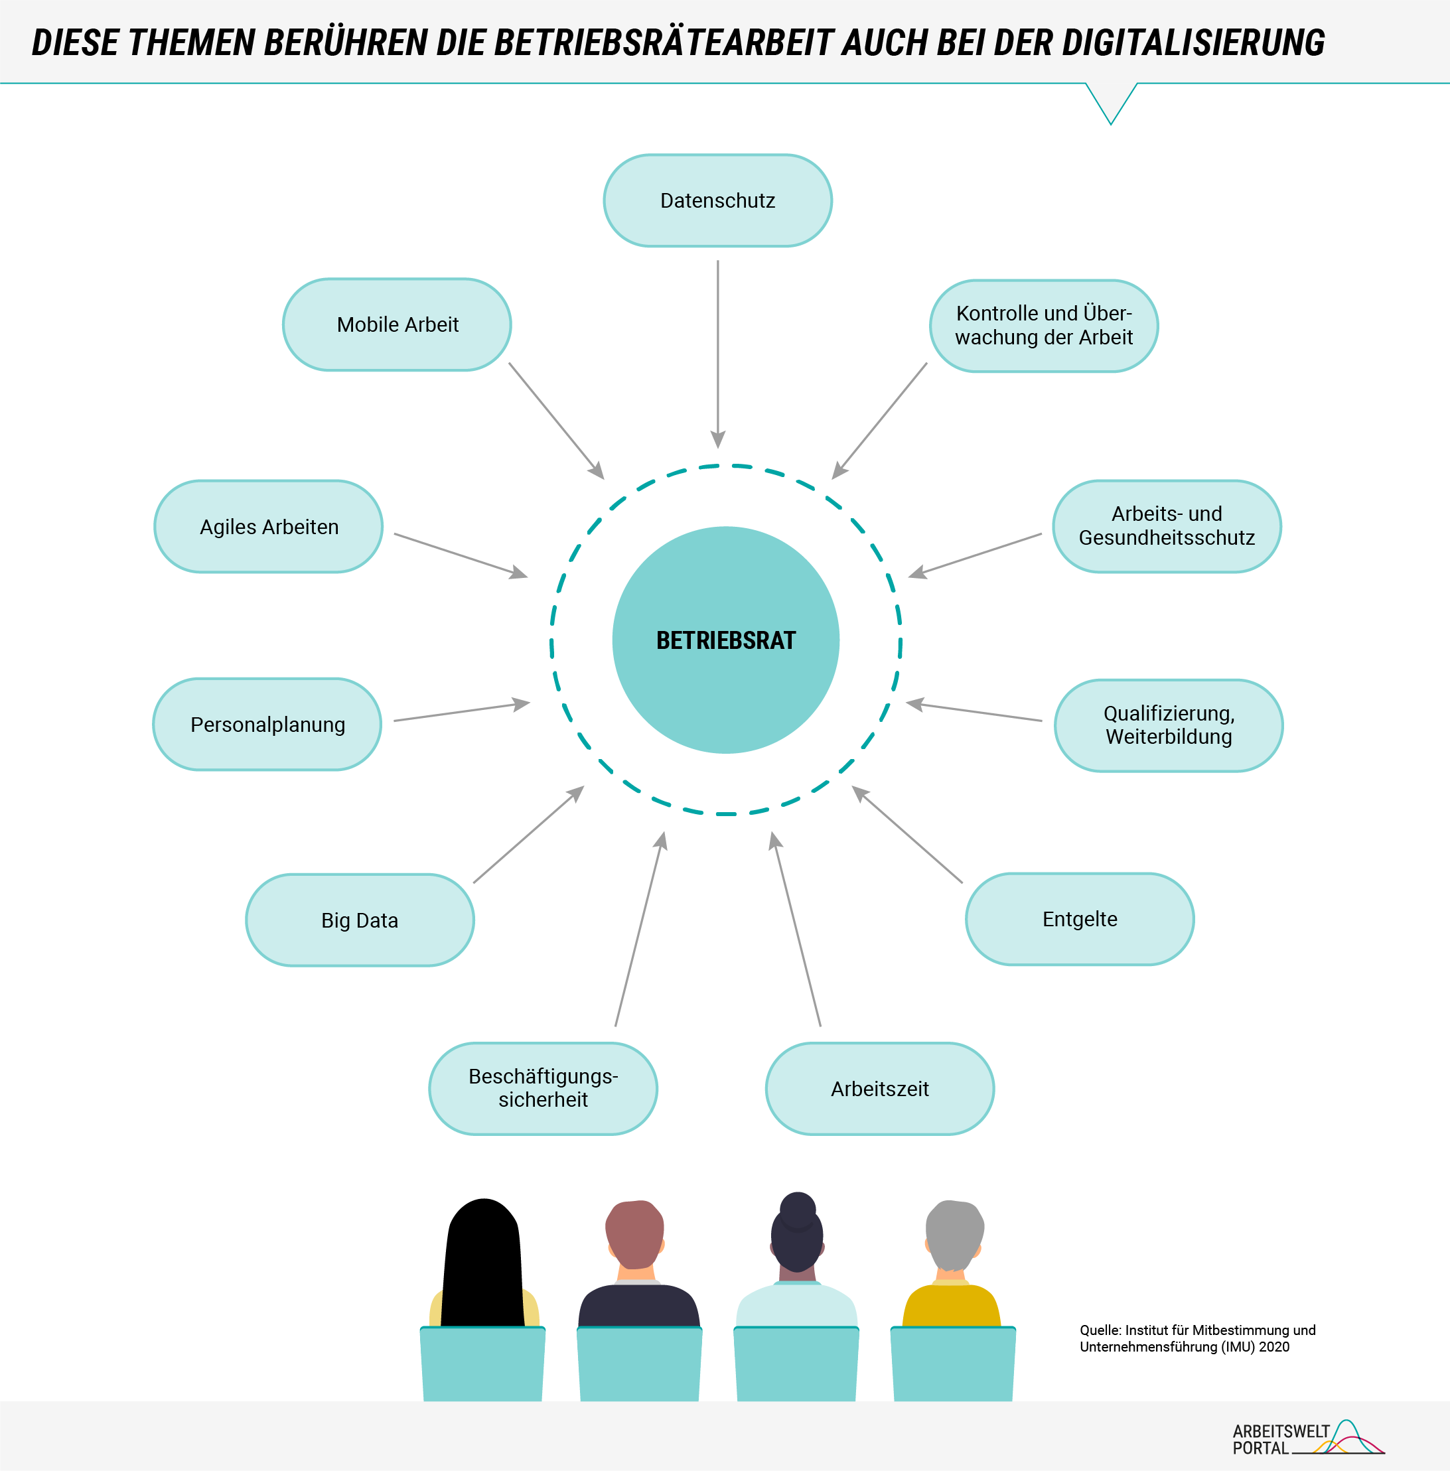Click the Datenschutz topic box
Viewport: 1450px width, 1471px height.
point(717,200)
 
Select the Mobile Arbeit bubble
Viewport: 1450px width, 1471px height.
point(397,324)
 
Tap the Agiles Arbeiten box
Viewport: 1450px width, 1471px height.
point(269,526)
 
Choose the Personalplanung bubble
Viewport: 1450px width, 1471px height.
point(267,724)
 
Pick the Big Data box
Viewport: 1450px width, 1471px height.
point(360,920)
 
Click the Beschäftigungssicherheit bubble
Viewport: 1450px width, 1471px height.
point(543,1088)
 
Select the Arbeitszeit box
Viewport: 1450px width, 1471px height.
point(879,1088)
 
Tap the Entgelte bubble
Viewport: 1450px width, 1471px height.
point(1080,919)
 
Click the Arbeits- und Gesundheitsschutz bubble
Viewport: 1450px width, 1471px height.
point(1167,526)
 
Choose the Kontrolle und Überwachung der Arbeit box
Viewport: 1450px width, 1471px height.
point(1044,325)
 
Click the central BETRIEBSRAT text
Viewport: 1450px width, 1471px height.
point(726,640)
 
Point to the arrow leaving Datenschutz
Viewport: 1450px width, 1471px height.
point(717,354)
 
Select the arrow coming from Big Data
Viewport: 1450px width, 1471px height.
point(528,835)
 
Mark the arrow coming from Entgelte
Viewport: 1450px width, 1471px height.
point(907,835)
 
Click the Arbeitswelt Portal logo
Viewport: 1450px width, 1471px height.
point(1307,1438)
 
